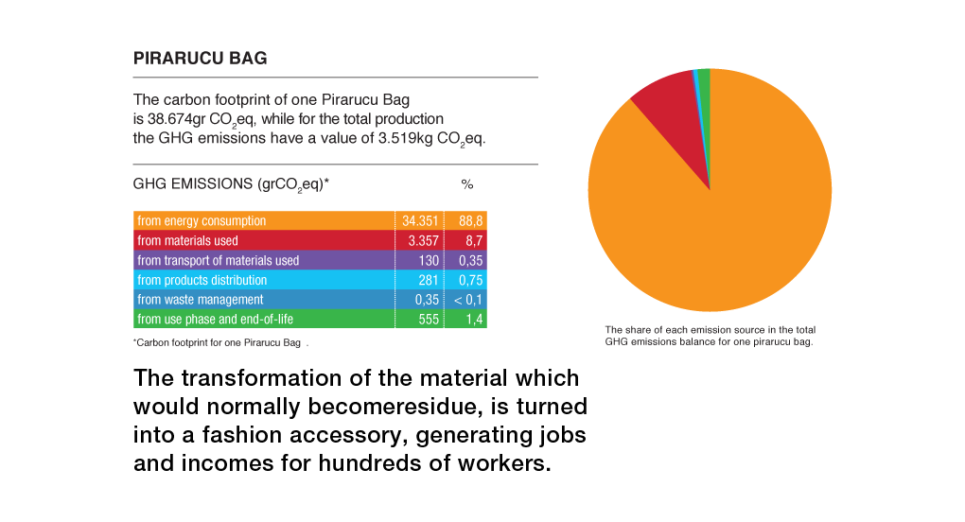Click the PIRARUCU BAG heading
tap(201, 59)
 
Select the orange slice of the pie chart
tap(719, 217)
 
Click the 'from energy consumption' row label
tap(202, 221)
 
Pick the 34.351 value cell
tap(420, 221)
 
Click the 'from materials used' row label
tap(187, 241)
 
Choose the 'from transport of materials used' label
tap(218, 261)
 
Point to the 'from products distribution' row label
tap(202, 281)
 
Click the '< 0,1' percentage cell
tap(466, 301)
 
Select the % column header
tap(466, 183)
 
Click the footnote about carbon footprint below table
tap(221, 342)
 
